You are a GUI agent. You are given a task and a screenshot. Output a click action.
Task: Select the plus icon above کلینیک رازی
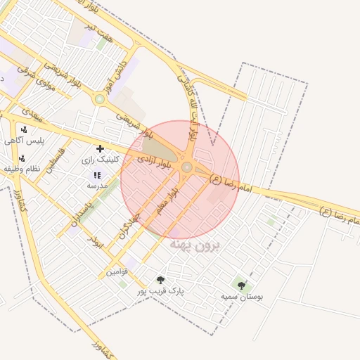(x=100, y=148)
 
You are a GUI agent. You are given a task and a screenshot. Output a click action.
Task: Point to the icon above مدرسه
(x=96, y=175)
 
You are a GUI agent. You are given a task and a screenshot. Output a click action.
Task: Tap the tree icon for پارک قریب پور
(x=160, y=279)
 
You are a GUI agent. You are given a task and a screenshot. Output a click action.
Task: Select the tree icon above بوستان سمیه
(x=242, y=285)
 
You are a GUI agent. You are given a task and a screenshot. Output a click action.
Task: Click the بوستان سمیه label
(x=242, y=297)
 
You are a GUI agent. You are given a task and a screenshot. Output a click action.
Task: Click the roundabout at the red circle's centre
(x=187, y=167)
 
